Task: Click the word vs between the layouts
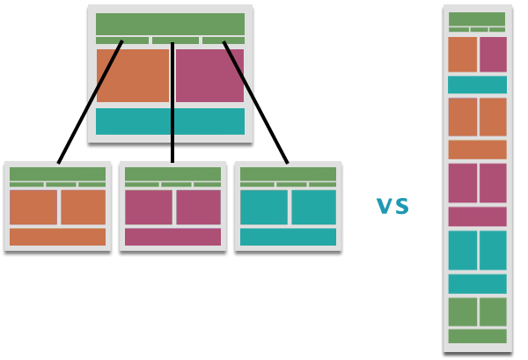(x=392, y=206)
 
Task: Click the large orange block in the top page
(x=132, y=76)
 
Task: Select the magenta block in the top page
(x=209, y=76)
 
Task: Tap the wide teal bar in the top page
(x=170, y=121)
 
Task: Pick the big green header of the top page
(x=170, y=24)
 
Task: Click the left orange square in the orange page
(x=33, y=208)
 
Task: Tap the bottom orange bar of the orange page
(x=57, y=237)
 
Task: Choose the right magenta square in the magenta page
(x=198, y=208)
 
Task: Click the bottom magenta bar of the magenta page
(x=172, y=237)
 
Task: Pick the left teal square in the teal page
(x=263, y=208)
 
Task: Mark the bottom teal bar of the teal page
(x=288, y=237)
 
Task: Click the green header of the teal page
(x=288, y=174)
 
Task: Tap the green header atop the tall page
(x=477, y=19)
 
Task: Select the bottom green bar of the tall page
(x=477, y=336)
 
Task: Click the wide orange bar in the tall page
(x=477, y=150)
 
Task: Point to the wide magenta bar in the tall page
(x=477, y=217)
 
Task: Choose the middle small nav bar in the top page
(x=175, y=40)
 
